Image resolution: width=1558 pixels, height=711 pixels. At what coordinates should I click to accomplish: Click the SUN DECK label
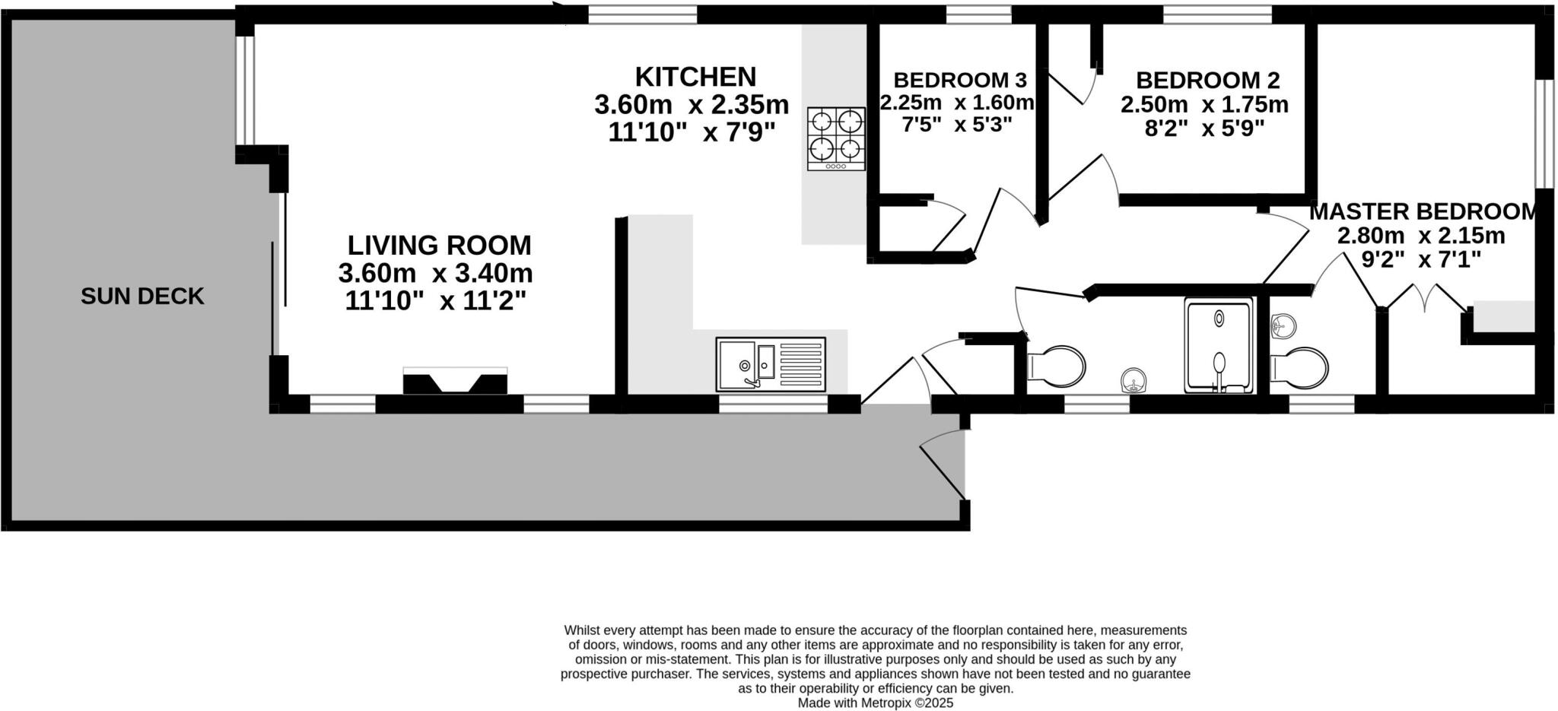tap(142, 297)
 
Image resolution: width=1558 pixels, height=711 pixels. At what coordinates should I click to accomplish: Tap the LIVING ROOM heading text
tap(439, 246)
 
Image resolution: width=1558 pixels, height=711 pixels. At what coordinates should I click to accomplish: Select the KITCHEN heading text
tap(695, 77)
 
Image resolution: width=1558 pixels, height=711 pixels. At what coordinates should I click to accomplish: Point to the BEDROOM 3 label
tap(960, 80)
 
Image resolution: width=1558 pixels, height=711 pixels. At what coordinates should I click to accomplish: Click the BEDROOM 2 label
tap(1207, 80)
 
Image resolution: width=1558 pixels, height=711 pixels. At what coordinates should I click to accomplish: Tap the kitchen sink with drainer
tap(771, 364)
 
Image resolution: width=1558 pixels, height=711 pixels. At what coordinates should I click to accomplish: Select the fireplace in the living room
tap(455, 380)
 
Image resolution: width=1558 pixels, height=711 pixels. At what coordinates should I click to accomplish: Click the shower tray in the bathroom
tap(1219, 345)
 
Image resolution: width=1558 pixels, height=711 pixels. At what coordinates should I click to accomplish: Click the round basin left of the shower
tap(1134, 379)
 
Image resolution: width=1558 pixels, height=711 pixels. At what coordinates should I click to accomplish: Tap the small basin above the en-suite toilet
tap(1283, 325)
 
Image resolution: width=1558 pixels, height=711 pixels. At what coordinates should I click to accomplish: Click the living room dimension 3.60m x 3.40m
tap(435, 273)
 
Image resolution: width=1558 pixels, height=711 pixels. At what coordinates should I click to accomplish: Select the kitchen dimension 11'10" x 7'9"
tap(692, 132)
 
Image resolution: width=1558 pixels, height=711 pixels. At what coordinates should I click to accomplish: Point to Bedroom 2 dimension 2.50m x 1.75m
tap(1204, 104)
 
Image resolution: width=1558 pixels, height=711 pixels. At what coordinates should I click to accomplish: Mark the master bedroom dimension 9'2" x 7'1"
tap(1421, 260)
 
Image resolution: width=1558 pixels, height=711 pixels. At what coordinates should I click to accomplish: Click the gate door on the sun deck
tap(944, 465)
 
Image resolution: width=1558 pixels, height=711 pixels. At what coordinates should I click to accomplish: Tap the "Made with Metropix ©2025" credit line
tap(875, 703)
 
